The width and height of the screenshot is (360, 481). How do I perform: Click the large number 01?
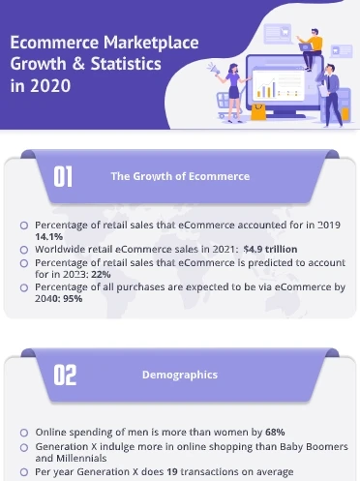click(64, 176)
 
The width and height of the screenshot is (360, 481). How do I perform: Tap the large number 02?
click(65, 376)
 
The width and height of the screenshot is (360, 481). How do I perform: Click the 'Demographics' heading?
click(179, 375)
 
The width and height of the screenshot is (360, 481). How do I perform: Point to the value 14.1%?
click(48, 236)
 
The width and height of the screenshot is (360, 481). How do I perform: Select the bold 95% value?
click(72, 299)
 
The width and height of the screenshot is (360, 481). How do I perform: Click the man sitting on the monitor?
click(310, 45)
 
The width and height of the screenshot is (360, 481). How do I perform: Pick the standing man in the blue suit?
click(327, 87)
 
